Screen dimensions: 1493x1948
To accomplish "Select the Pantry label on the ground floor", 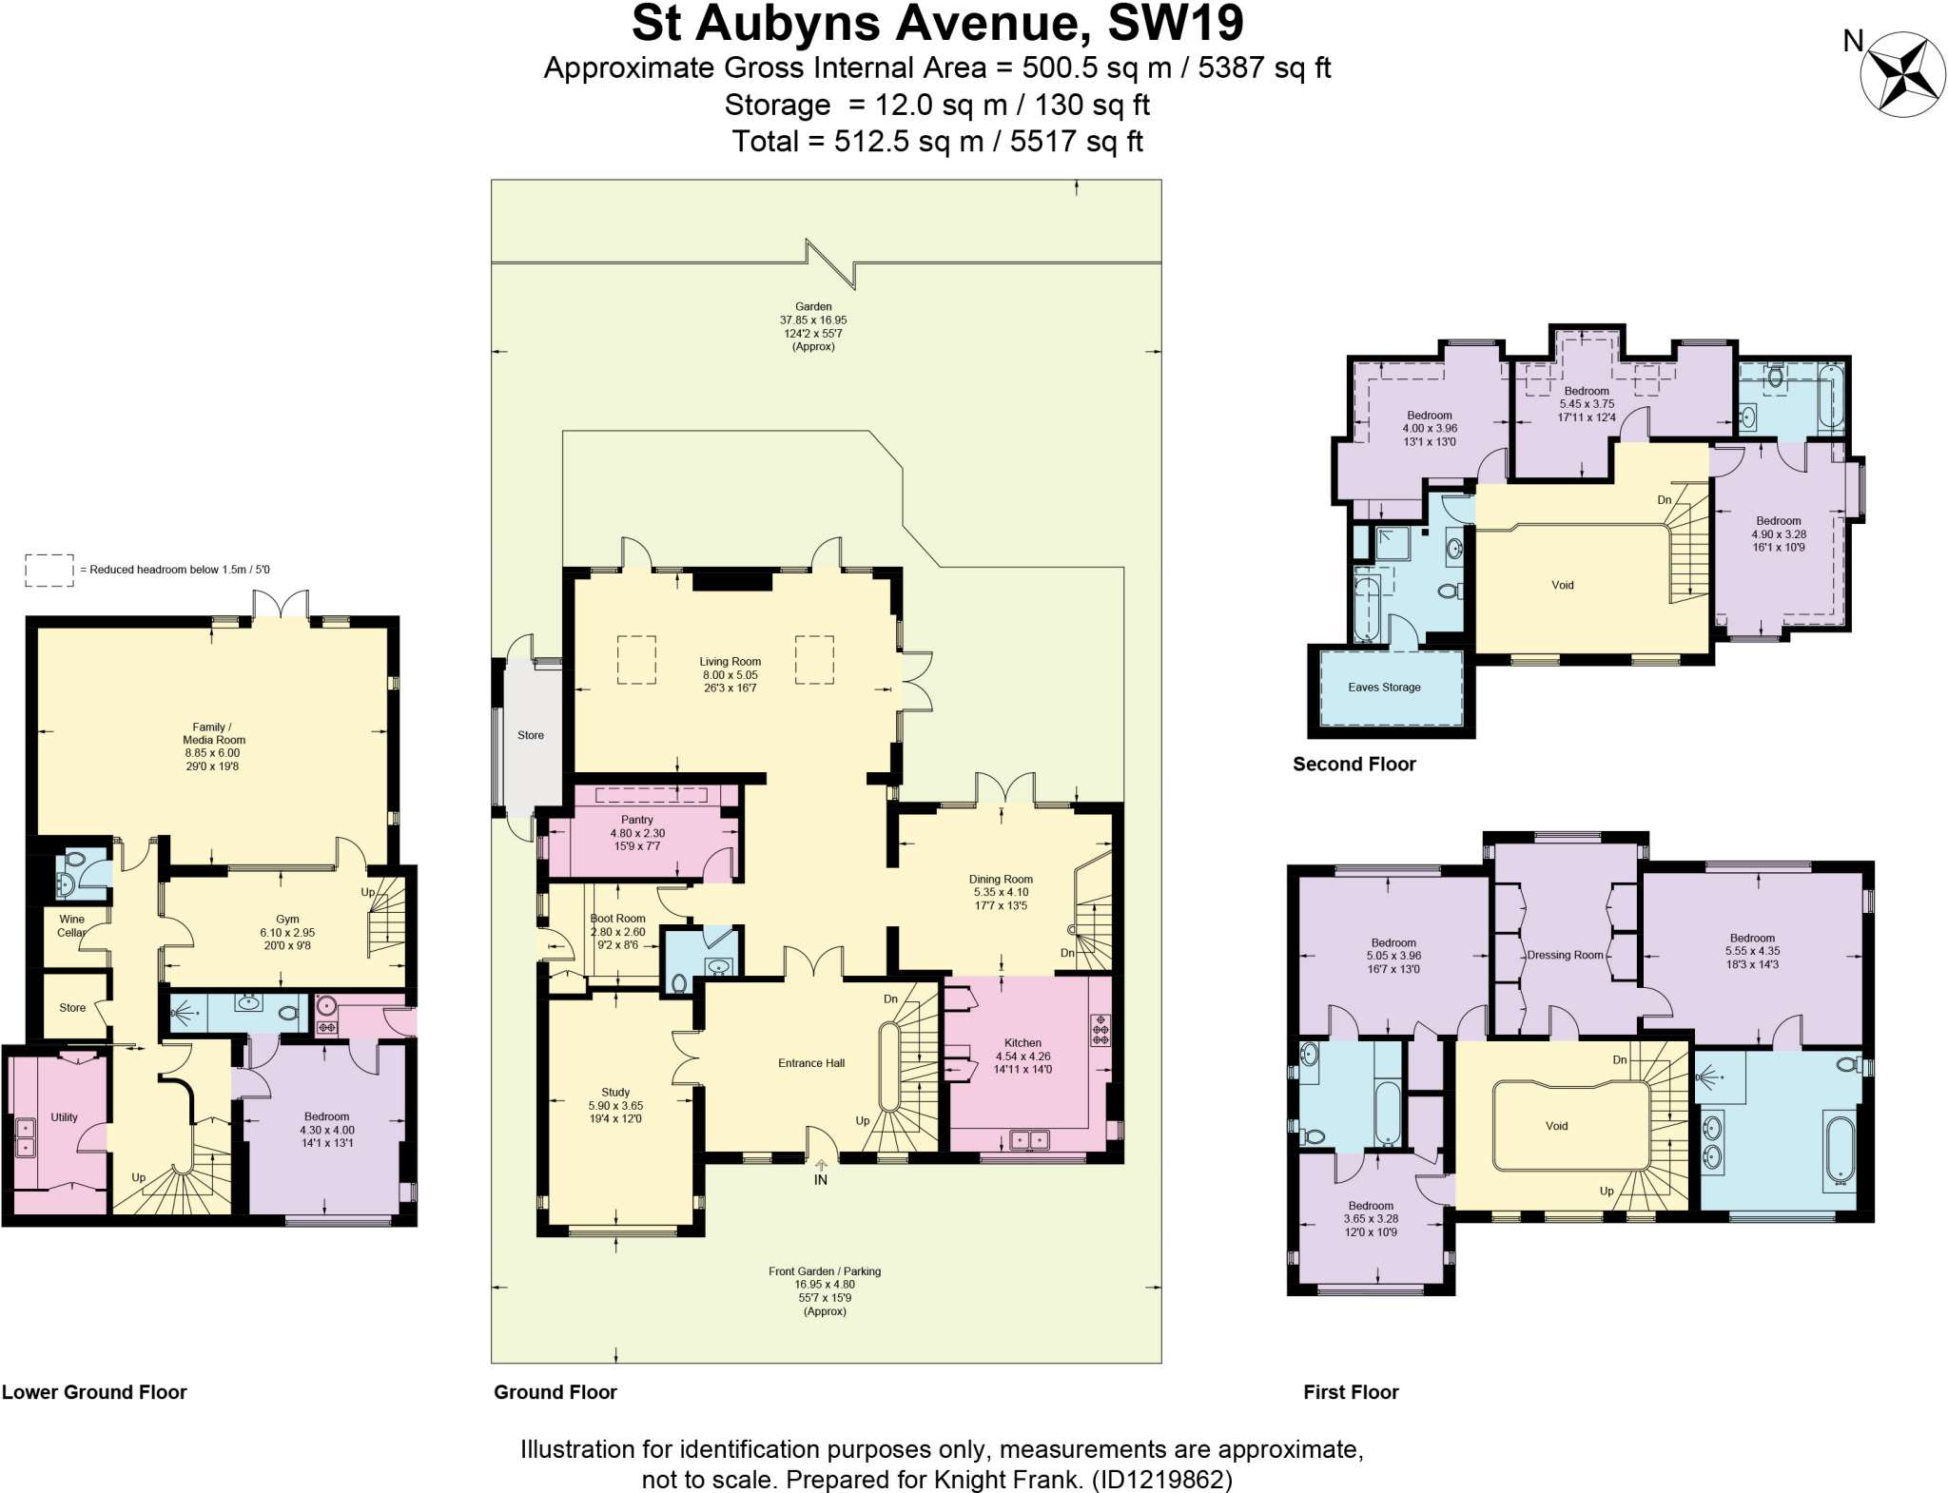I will (x=636, y=820).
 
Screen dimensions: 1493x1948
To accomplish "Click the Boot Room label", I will (x=618, y=919).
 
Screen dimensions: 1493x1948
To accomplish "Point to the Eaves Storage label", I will (x=1384, y=688).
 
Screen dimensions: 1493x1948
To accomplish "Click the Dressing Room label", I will (x=1565, y=956).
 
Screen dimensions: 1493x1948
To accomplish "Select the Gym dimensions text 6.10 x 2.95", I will (x=287, y=933).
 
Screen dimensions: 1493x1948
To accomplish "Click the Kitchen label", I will (x=1023, y=1043).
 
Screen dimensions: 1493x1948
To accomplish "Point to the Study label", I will (x=615, y=1093).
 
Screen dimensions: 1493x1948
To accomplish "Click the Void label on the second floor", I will (x=1562, y=586).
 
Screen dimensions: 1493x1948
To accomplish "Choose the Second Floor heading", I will (x=1354, y=765).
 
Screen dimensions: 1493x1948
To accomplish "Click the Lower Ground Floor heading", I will (x=94, y=1392).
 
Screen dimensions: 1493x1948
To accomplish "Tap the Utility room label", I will (x=64, y=1117).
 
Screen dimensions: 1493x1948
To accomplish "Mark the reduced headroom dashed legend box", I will (x=49, y=570).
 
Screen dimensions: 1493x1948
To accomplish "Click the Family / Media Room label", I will (x=213, y=733).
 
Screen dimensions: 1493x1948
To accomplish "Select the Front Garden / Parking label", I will (x=825, y=1271).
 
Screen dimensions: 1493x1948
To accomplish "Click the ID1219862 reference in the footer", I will (x=1161, y=1480).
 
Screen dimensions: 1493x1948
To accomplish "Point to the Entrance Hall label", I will (x=811, y=1063).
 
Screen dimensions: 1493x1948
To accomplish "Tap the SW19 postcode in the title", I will (x=1176, y=24).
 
